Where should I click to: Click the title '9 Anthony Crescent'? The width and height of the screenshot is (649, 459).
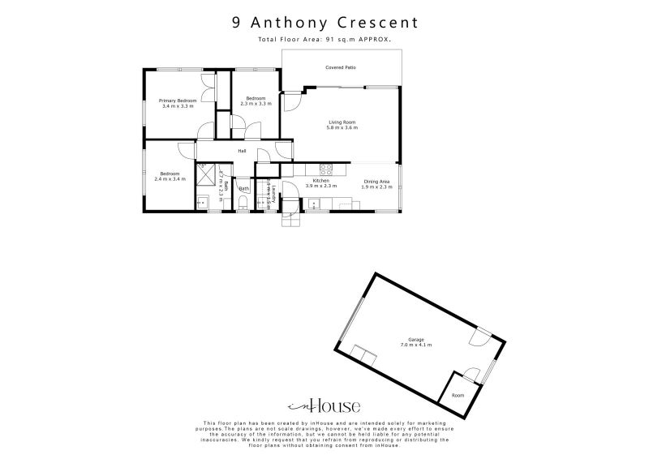[324, 23]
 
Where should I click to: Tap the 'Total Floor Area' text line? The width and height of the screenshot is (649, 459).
[324, 39]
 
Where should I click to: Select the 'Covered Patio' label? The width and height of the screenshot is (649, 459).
[341, 69]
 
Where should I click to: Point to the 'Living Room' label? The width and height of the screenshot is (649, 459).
[342, 122]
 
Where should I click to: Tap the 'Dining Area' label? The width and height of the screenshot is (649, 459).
[377, 181]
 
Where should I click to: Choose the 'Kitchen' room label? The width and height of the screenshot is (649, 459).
[320, 181]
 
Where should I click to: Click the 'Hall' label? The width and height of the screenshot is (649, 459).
[242, 151]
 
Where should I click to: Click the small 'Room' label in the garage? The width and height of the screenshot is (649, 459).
[458, 395]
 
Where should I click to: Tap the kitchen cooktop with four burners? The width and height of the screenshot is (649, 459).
[326, 170]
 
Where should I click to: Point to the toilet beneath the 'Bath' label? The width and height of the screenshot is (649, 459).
[243, 203]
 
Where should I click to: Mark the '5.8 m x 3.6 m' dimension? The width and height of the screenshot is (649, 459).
[342, 128]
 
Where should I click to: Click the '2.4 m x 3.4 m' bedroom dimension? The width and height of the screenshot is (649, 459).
[170, 178]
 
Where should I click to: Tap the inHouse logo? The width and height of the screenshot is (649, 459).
[324, 407]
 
